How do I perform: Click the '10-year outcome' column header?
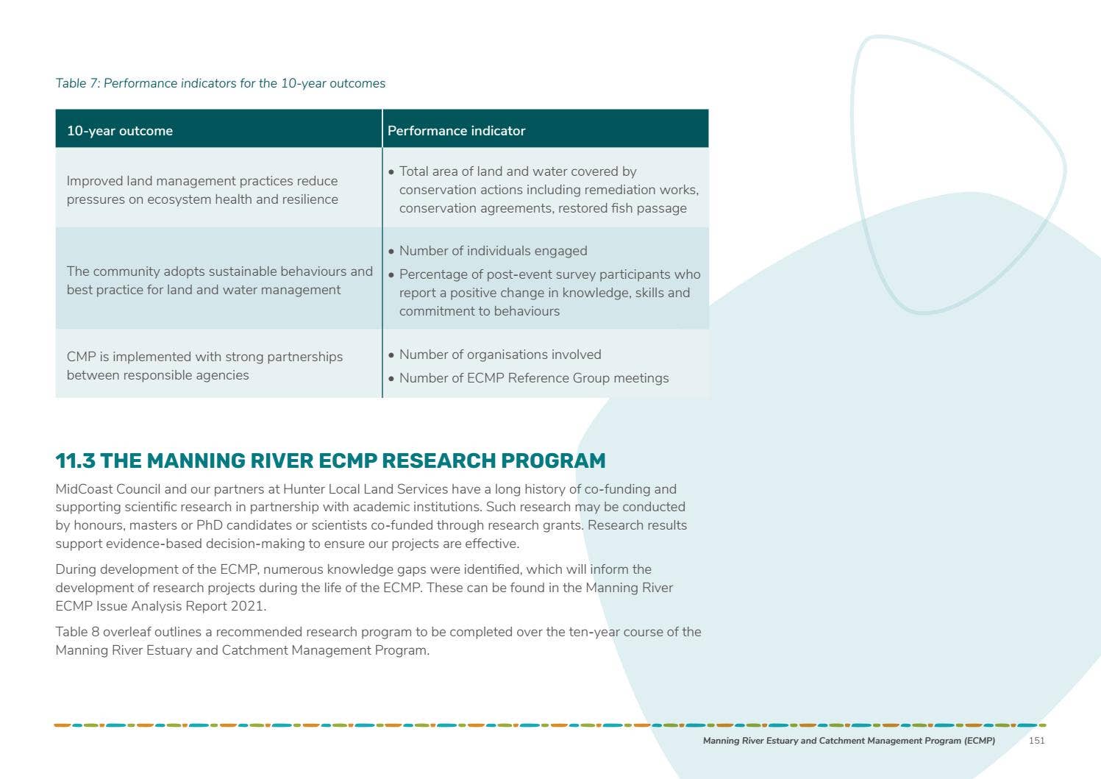120,131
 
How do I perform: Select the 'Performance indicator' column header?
456,131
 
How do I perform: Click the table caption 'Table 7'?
77,84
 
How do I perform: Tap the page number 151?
1036,741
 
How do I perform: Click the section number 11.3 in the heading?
75,461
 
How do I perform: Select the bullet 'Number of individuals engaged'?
493,251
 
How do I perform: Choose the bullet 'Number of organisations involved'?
500,355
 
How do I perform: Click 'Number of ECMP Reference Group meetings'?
534,378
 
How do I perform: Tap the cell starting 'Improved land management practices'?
202,190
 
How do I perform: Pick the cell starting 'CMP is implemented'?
204,366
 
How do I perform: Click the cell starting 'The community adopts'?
219,280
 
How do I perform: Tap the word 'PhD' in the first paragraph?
209,525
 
